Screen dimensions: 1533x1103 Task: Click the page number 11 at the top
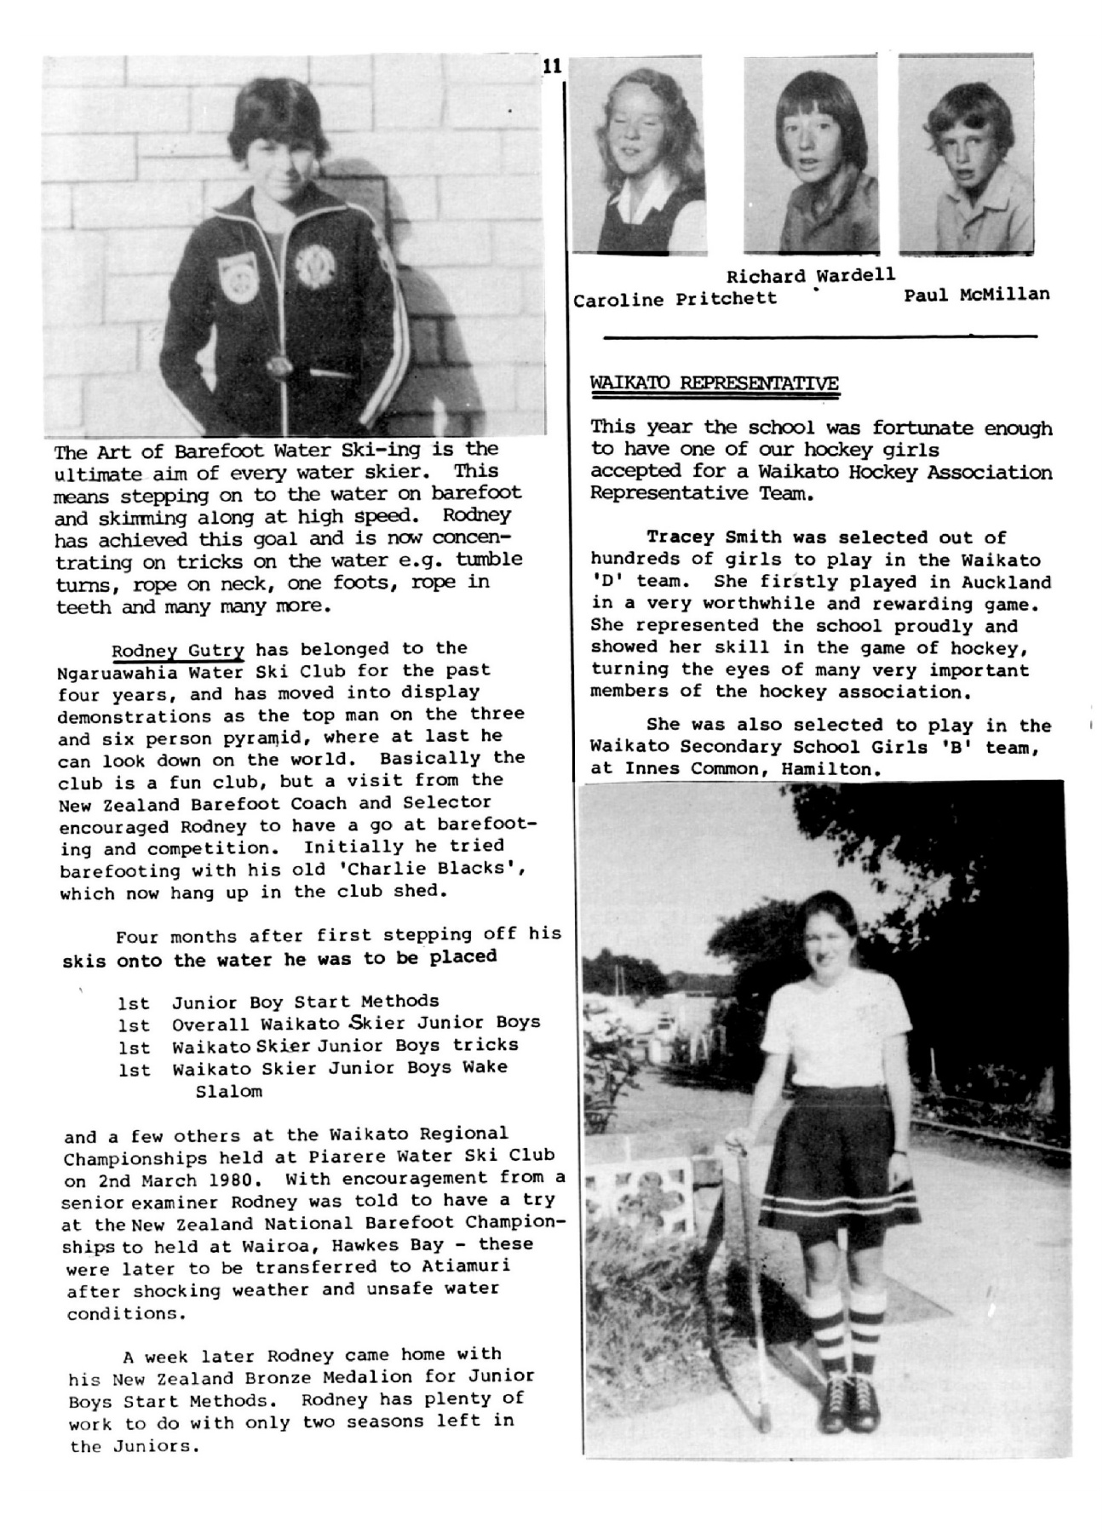click(550, 66)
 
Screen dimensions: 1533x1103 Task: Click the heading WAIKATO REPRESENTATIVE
click(714, 383)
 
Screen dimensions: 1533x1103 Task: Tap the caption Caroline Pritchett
click(675, 299)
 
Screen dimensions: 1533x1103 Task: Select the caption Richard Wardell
click(810, 276)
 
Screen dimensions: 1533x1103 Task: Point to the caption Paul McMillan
click(976, 295)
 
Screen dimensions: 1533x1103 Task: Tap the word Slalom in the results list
click(229, 1091)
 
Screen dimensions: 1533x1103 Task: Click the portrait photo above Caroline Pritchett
click(638, 155)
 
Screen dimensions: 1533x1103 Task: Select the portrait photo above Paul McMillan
click(966, 155)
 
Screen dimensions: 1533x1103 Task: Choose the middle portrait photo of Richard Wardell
click(810, 155)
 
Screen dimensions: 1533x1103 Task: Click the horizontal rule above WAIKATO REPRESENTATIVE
click(820, 337)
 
